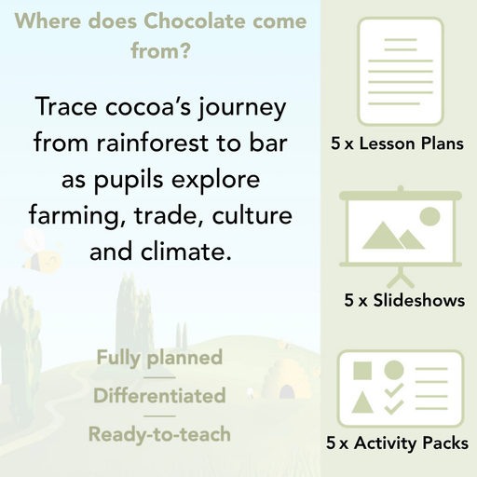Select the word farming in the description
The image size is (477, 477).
point(74,217)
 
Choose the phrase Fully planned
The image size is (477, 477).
point(159,357)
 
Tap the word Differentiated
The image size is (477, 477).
point(159,395)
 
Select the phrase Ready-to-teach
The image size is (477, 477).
point(159,433)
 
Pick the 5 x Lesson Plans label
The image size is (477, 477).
point(398,144)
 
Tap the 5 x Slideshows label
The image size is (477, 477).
point(404,300)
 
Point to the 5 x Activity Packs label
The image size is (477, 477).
point(398,443)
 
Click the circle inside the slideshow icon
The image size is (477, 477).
point(429,217)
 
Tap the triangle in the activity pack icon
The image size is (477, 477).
point(361,403)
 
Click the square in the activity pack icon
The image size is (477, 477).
point(361,371)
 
